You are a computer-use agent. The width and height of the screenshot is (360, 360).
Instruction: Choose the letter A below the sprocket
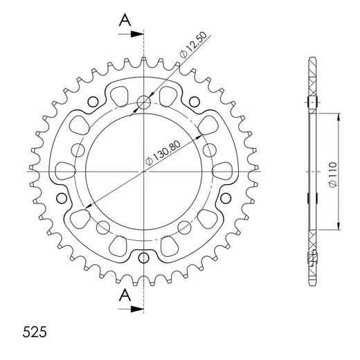[x=123, y=296]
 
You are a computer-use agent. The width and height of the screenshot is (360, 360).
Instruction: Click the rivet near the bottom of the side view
[x=312, y=261]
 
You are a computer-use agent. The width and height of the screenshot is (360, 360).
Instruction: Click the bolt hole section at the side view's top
[x=312, y=103]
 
